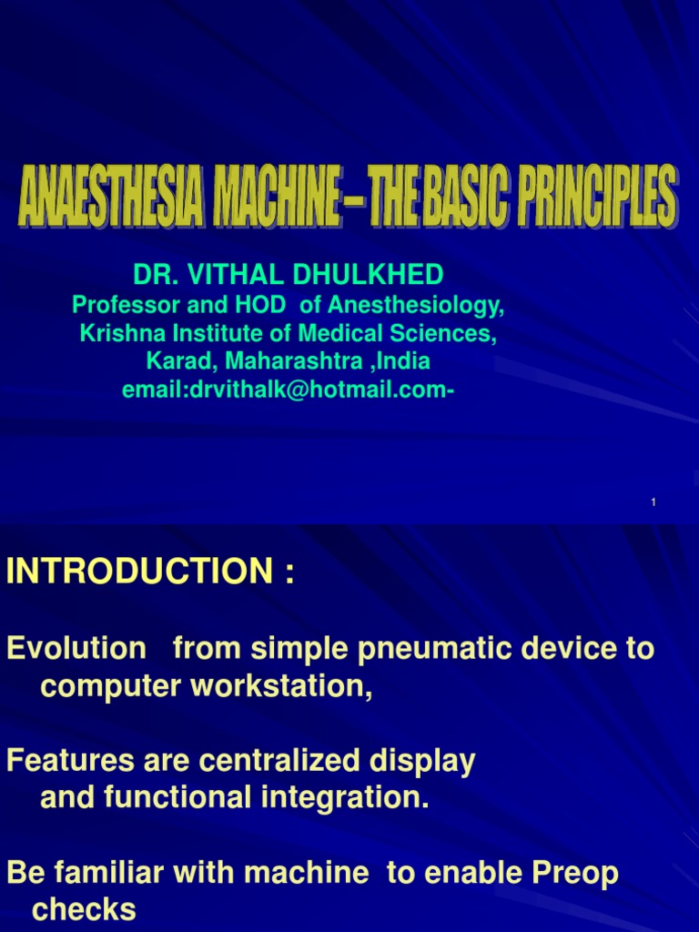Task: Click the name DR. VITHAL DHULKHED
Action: click(x=289, y=274)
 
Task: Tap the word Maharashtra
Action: click(x=296, y=362)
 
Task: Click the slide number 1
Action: click(x=653, y=503)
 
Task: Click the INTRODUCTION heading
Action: click(x=138, y=573)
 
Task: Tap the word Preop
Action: click(x=573, y=874)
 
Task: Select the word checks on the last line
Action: click(x=84, y=910)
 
